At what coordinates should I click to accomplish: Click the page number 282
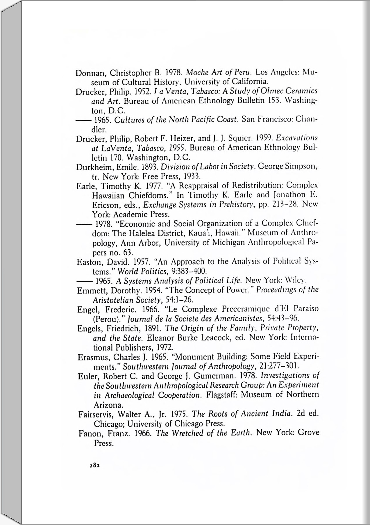point(95,465)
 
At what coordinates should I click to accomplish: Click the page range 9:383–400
point(189,272)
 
